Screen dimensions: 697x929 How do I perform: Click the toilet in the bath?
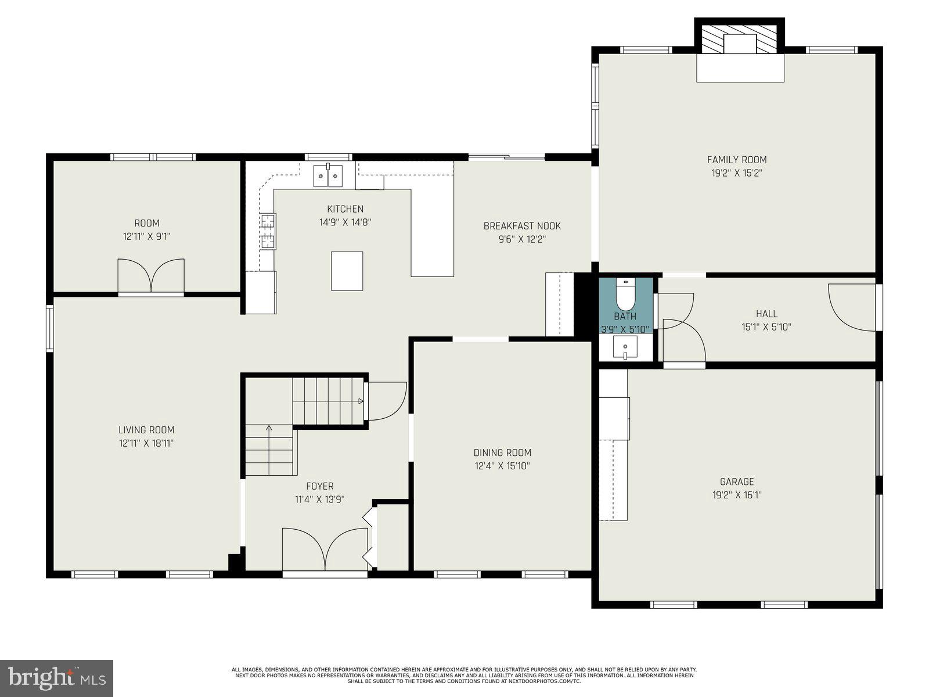pos(625,295)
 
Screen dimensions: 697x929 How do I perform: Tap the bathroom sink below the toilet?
pos(625,348)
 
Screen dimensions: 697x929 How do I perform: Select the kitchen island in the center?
pos(347,271)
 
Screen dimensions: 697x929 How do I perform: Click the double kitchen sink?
pos(328,175)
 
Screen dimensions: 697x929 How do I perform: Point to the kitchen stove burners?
pos(268,231)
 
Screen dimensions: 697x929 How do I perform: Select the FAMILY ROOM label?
pos(736,160)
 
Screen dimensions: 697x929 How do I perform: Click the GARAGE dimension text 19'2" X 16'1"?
pos(736,495)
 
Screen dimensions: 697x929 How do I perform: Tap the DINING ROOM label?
pos(502,453)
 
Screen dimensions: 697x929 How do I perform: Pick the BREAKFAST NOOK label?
pos(522,226)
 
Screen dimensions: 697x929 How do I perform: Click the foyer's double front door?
pos(325,549)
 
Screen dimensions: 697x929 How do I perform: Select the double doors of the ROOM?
pos(151,276)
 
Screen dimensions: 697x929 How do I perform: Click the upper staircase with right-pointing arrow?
pos(328,401)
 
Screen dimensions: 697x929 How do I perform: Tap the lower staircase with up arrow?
pos(270,450)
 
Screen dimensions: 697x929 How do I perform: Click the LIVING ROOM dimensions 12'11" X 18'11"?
pos(146,443)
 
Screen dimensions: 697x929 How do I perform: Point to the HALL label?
pos(766,314)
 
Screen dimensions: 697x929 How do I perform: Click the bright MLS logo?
pos(56,677)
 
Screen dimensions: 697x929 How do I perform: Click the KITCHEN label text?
pos(345,209)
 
